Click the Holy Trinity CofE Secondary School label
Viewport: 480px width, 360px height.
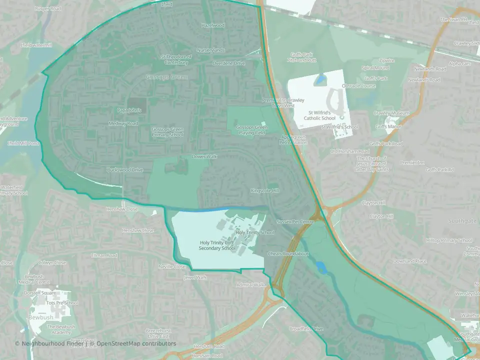(216, 245)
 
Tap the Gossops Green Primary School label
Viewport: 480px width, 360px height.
(167, 132)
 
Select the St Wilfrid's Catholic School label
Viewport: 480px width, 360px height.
(321, 115)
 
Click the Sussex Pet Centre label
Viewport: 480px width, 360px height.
(295, 221)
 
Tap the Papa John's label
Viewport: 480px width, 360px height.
(129, 110)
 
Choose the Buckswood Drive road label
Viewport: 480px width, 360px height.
(125, 170)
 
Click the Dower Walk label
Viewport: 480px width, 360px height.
(205, 156)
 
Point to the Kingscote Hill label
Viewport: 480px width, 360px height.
(264, 191)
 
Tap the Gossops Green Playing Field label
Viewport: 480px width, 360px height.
(251, 130)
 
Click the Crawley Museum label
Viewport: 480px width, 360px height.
(391, 113)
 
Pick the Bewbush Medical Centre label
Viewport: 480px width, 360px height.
(35, 280)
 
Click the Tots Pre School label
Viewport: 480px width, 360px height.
(61, 303)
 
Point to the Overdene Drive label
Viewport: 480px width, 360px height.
(228, 63)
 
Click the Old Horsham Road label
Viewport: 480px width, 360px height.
(349, 151)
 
